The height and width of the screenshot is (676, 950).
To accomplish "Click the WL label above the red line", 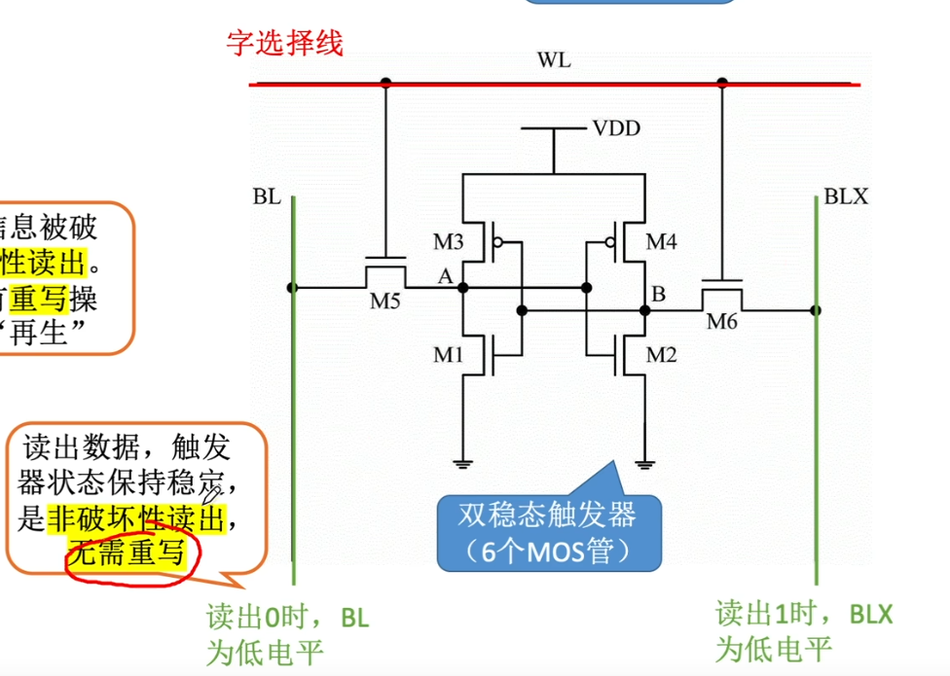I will coord(554,61).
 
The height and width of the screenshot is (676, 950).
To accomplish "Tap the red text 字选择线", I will coord(284,43).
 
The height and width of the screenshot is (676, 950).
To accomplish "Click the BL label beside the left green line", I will coord(267,197).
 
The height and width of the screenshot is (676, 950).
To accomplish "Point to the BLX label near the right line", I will coord(845,197).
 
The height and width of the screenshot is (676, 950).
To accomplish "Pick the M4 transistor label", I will coord(661,241).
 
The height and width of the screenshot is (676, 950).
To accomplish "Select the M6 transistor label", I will coord(722,321).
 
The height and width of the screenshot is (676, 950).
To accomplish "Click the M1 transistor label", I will coord(448,356).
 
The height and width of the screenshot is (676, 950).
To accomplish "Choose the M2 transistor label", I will coord(661,356).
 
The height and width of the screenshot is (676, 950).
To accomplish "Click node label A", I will coord(446,276).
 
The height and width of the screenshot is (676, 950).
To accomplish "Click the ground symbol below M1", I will coord(462,462).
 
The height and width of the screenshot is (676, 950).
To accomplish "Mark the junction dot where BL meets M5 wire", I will coord(292,288).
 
